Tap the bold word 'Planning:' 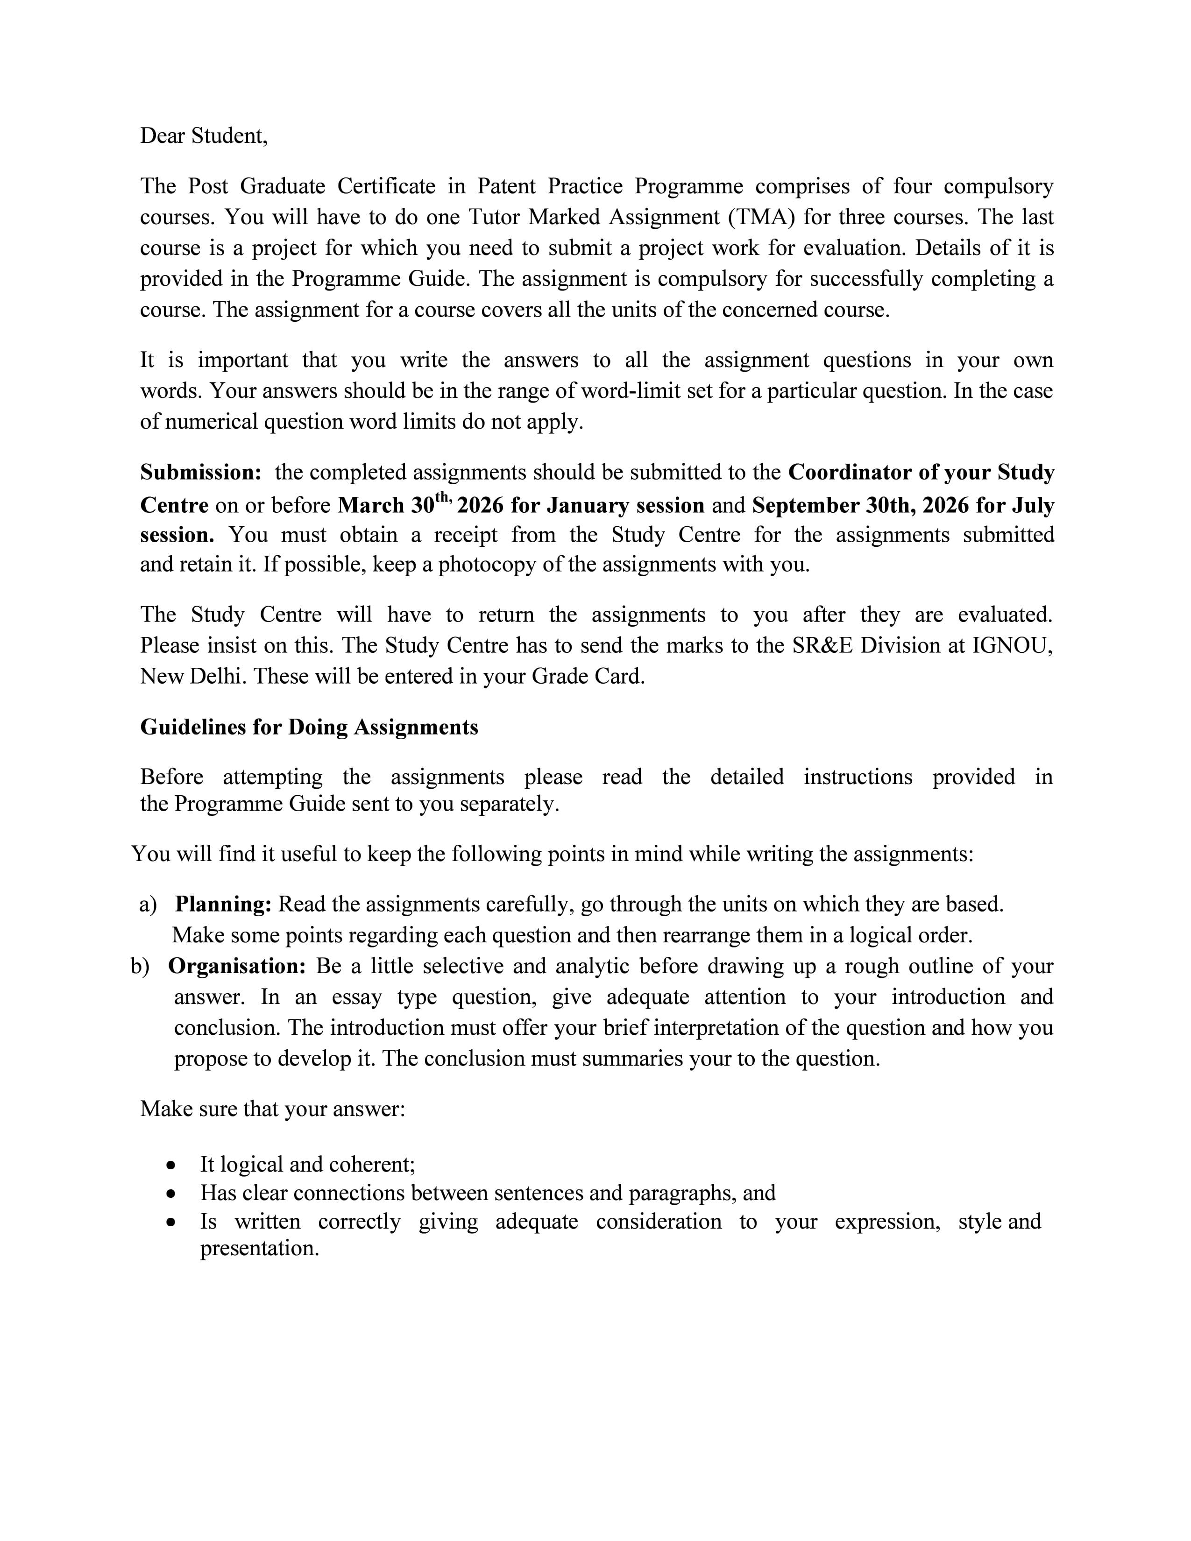point(223,904)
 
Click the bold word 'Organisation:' point(236,966)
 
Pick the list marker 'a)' point(148,904)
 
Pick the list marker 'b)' point(140,966)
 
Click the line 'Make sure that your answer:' point(272,1109)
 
